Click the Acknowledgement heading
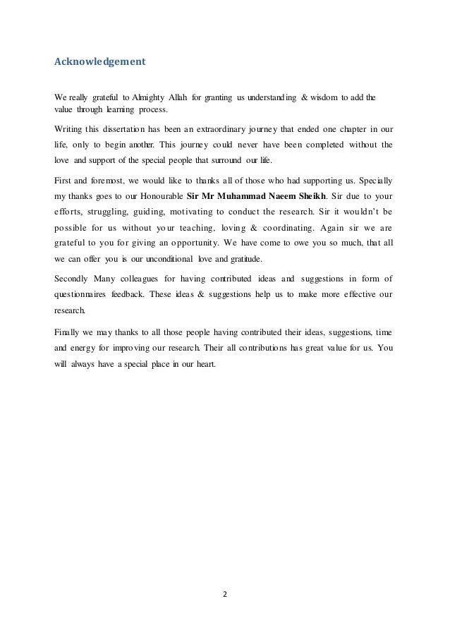(100, 61)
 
